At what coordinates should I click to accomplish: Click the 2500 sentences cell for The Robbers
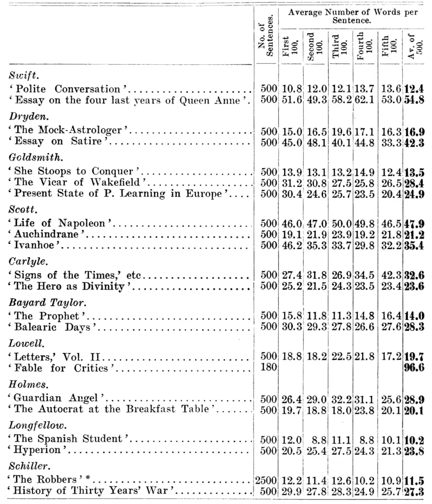pyautogui.click(x=266, y=480)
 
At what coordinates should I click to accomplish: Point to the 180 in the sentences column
pyautogui.click(x=269, y=368)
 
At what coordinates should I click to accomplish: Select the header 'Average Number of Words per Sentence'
pyautogui.click(x=353, y=17)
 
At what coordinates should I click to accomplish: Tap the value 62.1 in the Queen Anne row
pyautogui.click(x=365, y=100)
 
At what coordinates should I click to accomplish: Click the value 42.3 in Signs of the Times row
pyautogui.click(x=390, y=275)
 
